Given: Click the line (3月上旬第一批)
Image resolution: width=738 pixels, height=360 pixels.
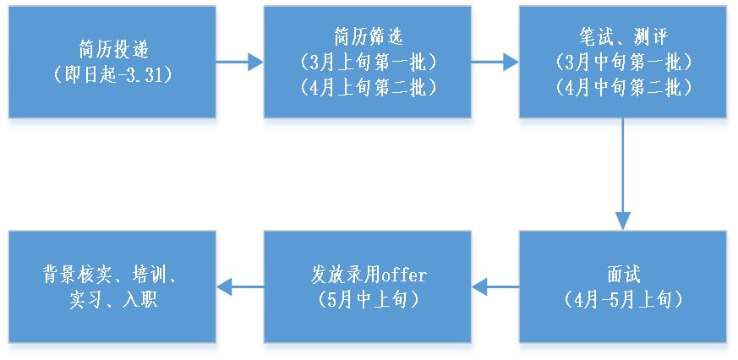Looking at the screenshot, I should click(x=369, y=62).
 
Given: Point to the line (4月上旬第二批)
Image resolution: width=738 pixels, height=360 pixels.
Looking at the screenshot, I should click(x=369, y=87).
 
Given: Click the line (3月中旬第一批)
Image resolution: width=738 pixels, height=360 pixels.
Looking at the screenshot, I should click(x=623, y=62).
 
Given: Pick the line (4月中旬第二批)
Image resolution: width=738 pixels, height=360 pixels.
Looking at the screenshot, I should click(x=623, y=87).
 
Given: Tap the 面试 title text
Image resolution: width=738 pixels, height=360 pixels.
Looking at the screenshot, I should click(x=623, y=275).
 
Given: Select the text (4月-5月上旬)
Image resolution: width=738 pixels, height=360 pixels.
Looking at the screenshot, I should click(x=623, y=301).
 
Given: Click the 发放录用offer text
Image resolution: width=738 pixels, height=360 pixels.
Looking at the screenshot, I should click(x=369, y=275).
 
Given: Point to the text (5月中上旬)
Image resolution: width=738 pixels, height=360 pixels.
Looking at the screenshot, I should click(x=369, y=301).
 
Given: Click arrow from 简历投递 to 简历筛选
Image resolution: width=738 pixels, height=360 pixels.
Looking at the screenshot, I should click(x=240, y=61).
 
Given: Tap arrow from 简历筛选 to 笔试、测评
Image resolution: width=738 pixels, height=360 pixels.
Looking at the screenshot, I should click(x=495, y=61).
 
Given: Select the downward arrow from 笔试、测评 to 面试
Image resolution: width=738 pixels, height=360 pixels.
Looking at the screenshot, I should click(x=623, y=177).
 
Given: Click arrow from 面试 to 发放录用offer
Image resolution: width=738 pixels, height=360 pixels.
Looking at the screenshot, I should click(x=495, y=287).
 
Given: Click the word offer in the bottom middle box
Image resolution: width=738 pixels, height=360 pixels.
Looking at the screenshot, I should click(x=403, y=275).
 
